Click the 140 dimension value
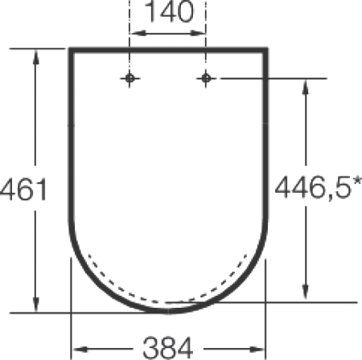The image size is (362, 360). [x=169, y=12]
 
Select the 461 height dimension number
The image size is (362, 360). [x=23, y=190]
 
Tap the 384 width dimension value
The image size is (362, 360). [x=168, y=348]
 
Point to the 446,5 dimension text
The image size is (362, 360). [x=313, y=187]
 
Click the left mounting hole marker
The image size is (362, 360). [x=130, y=79]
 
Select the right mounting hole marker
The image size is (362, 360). [x=206, y=79]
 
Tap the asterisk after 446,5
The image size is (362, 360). [x=357, y=182]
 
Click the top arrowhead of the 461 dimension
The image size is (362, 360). [x=35, y=57]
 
